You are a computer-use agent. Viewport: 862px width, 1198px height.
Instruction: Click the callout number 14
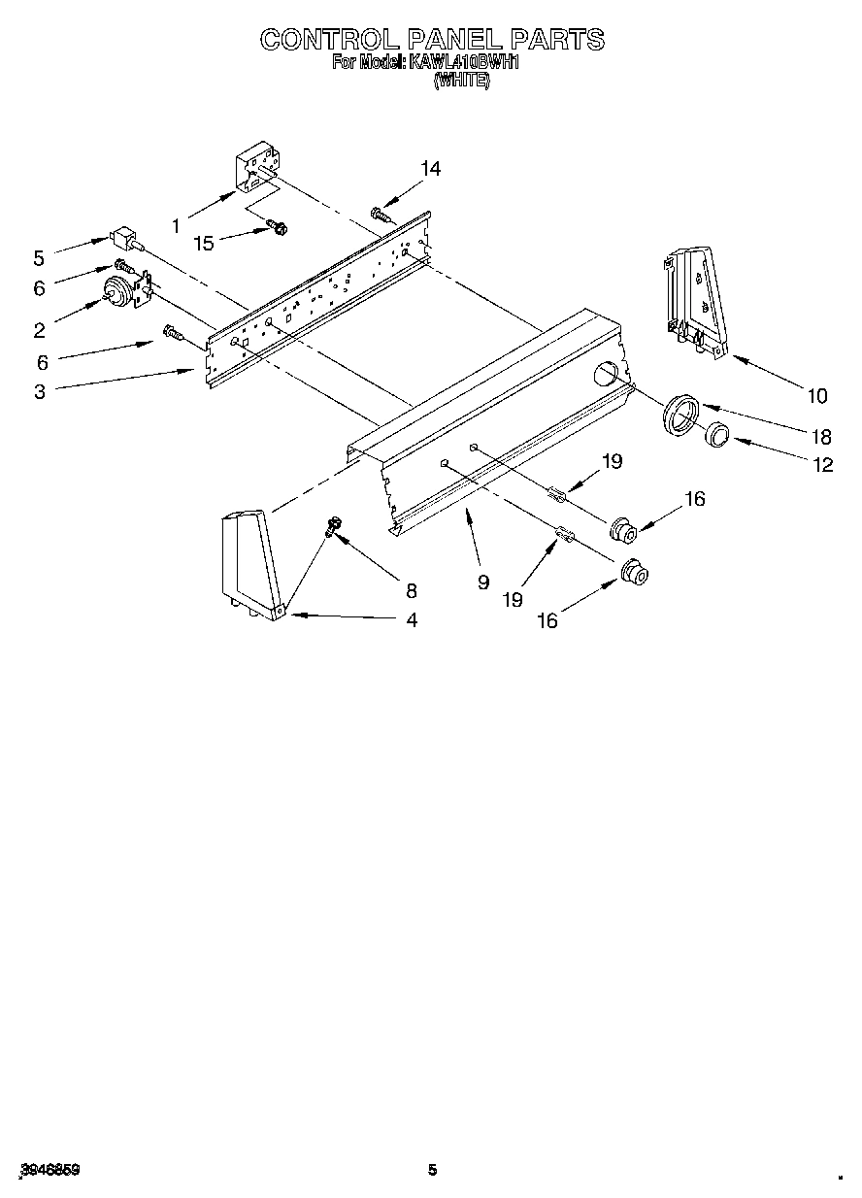point(430,169)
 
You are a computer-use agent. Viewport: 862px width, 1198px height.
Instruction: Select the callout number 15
point(203,243)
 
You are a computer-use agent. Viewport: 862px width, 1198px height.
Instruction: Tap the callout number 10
point(816,395)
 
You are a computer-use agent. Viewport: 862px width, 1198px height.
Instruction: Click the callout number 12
point(822,465)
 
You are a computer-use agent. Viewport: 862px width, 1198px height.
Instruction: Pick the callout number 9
point(482,582)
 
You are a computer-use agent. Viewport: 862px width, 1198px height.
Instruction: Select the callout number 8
point(412,589)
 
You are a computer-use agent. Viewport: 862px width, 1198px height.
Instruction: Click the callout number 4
point(412,620)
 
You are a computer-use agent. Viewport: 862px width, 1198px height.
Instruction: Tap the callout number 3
point(39,392)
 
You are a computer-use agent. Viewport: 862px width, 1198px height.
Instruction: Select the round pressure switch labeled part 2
point(119,290)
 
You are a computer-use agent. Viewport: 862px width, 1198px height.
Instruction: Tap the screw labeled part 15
point(277,228)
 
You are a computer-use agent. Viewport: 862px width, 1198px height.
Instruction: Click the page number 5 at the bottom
point(432,1171)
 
